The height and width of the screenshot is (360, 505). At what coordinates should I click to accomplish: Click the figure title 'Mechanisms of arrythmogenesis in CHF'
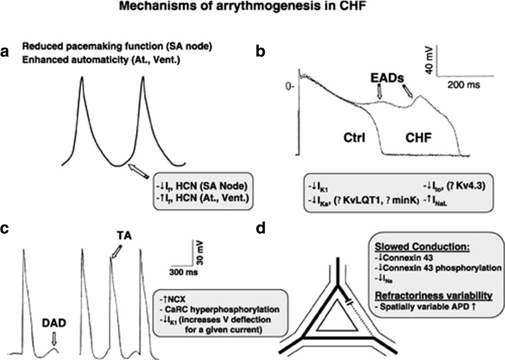(x=252, y=10)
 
